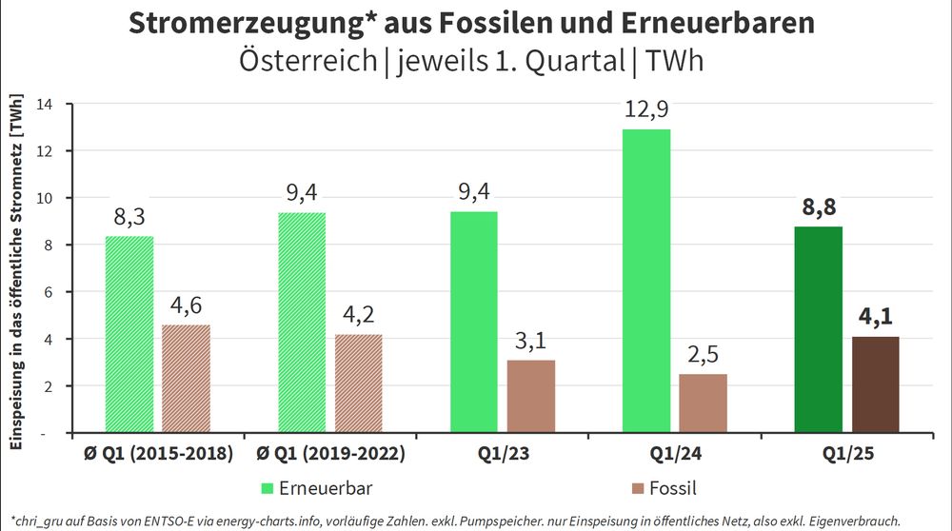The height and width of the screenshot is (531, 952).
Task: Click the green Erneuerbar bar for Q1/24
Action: point(645,281)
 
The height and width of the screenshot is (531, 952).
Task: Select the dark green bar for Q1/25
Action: point(818,329)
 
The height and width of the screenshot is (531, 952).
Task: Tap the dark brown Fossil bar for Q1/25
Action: point(875,384)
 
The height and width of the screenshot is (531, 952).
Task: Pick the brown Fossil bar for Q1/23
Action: point(530,396)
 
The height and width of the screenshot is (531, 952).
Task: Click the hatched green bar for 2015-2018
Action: point(129,334)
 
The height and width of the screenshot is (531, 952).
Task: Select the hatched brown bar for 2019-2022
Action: point(359,383)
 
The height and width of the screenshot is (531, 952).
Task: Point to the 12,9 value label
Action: point(646,111)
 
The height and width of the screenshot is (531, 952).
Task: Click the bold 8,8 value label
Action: point(818,207)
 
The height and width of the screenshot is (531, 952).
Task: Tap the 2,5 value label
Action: point(703,355)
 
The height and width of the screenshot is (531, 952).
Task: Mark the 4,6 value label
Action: point(186,306)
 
